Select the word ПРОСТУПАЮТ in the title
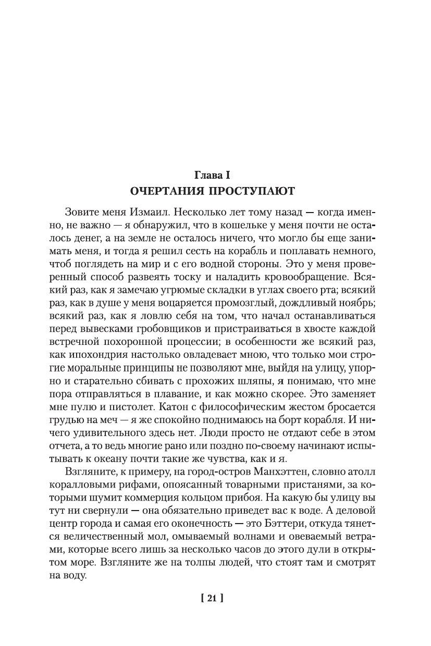(254, 191)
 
